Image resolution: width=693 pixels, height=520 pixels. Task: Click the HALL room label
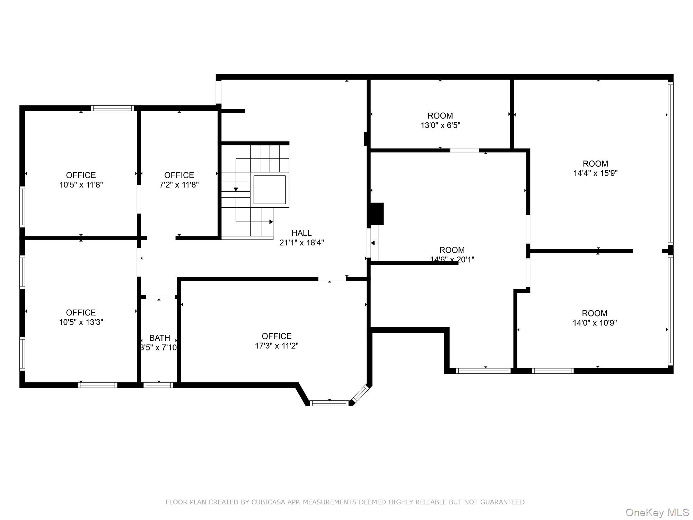pyautogui.click(x=301, y=233)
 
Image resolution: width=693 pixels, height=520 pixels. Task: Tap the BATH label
pyautogui.click(x=159, y=338)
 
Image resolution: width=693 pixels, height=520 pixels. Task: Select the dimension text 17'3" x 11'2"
pyautogui.click(x=277, y=346)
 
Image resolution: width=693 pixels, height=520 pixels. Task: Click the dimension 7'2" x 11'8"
pyautogui.click(x=179, y=185)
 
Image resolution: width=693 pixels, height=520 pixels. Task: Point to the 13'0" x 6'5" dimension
pyautogui.click(x=440, y=125)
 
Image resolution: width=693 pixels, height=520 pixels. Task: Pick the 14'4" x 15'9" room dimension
pyautogui.click(x=595, y=173)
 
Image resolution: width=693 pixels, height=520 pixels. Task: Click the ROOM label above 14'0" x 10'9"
pyautogui.click(x=595, y=313)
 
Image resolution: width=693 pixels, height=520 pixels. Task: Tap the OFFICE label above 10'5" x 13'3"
pyautogui.click(x=81, y=312)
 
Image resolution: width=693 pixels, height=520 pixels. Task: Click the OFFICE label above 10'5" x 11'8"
pyautogui.click(x=81, y=175)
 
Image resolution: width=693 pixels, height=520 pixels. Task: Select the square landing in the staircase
pyautogui.click(x=270, y=190)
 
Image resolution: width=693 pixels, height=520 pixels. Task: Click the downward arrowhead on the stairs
pyautogui.click(x=236, y=189)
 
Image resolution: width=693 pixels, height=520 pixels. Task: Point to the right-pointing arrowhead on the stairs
pyautogui.click(x=271, y=222)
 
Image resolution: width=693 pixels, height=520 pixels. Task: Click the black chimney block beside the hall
pyautogui.click(x=377, y=214)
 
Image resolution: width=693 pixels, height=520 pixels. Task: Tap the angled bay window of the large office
pyautogui.click(x=360, y=393)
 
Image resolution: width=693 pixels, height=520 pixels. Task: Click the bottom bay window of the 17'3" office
pyautogui.click(x=329, y=403)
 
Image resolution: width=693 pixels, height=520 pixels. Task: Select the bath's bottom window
pyautogui.click(x=158, y=385)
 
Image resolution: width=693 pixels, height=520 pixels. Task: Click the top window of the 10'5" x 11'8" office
pyautogui.click(x=112, y=108)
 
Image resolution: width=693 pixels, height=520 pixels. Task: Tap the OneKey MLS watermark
pyautogui.click(x=657, y=512)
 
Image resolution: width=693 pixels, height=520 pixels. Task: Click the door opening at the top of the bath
pyautogui.click(x=160, y=297)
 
